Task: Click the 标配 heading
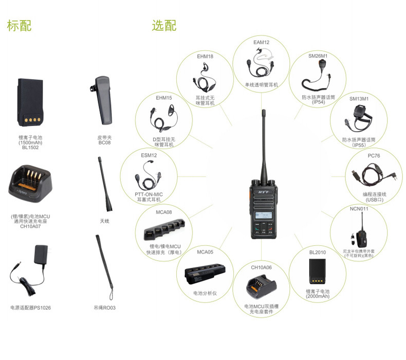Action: [19, 26]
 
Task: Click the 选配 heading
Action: [164, 26]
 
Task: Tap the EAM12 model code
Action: [261, 42]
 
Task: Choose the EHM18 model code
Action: [205, 56]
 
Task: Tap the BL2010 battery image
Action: [317, 272]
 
